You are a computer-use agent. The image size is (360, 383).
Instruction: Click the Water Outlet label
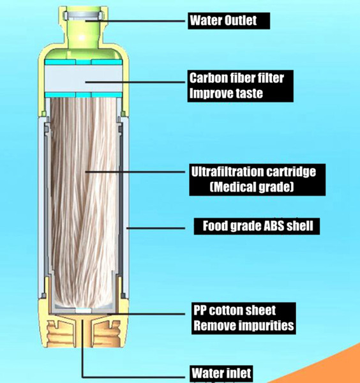point(223,20)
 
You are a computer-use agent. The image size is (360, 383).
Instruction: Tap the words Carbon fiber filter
point(237,78)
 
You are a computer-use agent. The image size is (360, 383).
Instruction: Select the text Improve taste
point(226,93)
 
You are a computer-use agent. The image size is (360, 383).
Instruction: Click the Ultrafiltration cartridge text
point(253,172)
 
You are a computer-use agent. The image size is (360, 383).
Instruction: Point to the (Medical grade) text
point(251,187)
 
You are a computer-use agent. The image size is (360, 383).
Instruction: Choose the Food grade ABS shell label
point(258,226)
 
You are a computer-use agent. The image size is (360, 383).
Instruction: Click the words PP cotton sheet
point(235,310)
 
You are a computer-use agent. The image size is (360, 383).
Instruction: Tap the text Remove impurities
point(244,326)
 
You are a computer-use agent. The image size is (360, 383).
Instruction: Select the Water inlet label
point(221,373)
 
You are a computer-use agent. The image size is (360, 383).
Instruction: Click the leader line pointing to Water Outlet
point(135,21)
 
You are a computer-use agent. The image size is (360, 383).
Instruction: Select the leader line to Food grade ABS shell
point(156,229)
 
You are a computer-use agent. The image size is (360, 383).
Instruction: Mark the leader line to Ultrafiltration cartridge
point(135,172)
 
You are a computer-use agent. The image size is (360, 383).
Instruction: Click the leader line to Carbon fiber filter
point(135,82)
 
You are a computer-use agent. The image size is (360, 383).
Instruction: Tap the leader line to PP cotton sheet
point(146,313)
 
